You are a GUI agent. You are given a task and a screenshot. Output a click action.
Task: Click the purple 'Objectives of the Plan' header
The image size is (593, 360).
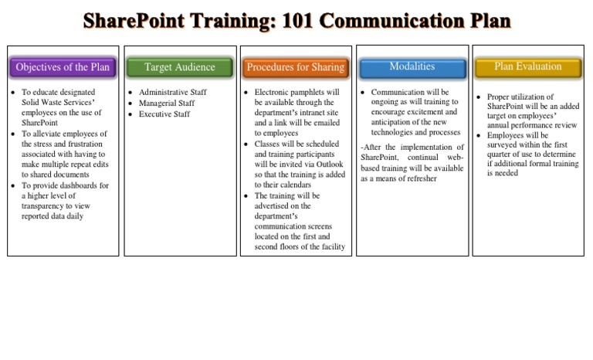click(x=63, y=67)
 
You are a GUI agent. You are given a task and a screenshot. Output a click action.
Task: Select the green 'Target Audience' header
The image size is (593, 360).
click(x=179, y=67)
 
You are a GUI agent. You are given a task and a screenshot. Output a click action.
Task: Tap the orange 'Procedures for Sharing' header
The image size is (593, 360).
click(x=295, y=67)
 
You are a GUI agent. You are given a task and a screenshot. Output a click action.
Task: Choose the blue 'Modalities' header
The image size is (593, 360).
click(x=412, y=67)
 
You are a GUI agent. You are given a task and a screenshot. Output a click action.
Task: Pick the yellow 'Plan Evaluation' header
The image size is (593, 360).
click(x=527, y=67)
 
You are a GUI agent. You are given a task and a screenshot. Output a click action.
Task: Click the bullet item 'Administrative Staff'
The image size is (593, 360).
click(x=172, y=93)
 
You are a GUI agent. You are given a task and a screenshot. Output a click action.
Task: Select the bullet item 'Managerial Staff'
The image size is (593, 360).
click(x=166, y=104)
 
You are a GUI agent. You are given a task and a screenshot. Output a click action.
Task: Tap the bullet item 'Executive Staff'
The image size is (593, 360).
click(x=164, y=114)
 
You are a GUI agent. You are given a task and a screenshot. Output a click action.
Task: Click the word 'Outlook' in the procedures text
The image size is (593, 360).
click(x=330, y=165)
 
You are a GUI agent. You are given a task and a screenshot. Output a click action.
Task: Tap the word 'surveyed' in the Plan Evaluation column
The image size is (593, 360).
click(x=504, y=144)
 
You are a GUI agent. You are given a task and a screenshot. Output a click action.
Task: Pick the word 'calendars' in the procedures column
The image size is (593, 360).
click(x=294, y=185)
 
